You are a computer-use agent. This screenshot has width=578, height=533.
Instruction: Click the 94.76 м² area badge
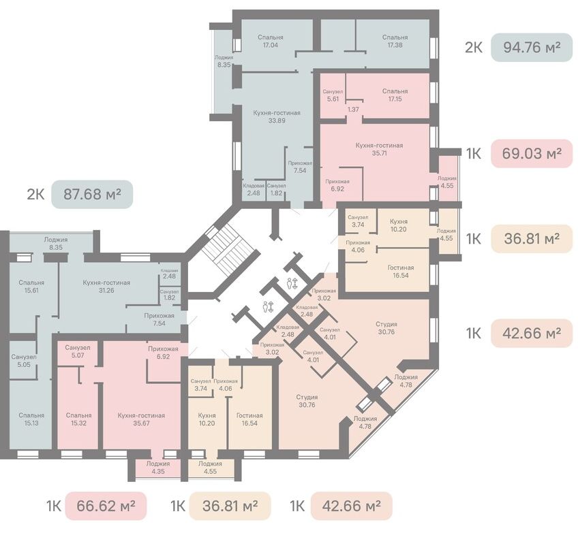pyautogui.click(x=532, y=48)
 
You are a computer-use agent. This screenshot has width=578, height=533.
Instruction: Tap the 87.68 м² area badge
pyautogui.click(x=92, y=194)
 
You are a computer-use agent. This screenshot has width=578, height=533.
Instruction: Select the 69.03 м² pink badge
pyautogui.click(x=532, y=153)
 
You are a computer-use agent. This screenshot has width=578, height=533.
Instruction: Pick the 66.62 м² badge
pyautogui.click(x=106, y=506)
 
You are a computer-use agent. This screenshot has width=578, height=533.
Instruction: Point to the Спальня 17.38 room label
pyautogui.click(x=395, y=42)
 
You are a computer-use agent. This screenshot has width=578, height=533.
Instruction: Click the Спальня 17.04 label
pyautogui.click(x=271, y=42)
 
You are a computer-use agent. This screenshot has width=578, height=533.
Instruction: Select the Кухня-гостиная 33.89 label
pyautogui.click(x=277, y=116)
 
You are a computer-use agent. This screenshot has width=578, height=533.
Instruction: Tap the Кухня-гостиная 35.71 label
pyautogui.click(x=379, y=149)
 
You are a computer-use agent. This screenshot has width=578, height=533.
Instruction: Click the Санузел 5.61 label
pyautogui.click(x=333, y=95)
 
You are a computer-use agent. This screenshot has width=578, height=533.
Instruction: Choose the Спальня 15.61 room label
pyautogui.click(x=32, y=287)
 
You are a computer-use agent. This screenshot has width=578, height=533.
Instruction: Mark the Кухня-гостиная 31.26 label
pyautogui.click(x=106, y=287)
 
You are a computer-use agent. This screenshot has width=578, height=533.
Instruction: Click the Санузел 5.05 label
pyautogui.click(x=24, y=361)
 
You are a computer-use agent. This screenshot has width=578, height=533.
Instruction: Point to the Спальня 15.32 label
pyautogui.click(x=79, y=419)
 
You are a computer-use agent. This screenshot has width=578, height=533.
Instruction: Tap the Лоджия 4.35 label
pyautogui.click(x=158, y=468)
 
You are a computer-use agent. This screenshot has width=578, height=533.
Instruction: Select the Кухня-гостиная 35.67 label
pyautogui.click(x=141, y=419)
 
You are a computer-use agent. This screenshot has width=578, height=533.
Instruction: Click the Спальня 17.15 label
pyautogui.click(x=395, y=95)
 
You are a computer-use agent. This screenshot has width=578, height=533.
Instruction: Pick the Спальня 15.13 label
pyautogui.click(x=32, y=419)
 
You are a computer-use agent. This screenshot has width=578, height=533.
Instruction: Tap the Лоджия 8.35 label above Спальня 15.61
pyautogui.click(x=56, y=243)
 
